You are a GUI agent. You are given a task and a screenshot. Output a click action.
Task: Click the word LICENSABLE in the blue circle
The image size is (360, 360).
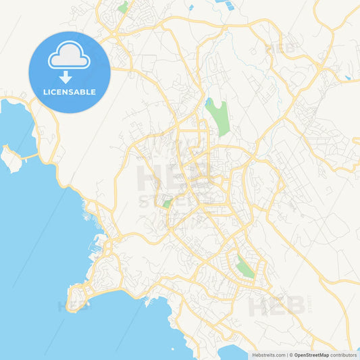click(70, 92)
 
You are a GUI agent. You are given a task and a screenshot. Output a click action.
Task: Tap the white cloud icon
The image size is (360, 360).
click(69, 57)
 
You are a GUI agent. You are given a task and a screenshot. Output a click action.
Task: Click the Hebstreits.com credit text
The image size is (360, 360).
click(268, 355)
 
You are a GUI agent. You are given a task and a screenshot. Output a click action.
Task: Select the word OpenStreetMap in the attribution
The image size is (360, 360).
click(311, 355)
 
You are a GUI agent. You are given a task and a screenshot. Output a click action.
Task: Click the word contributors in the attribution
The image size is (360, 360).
click(344, 355)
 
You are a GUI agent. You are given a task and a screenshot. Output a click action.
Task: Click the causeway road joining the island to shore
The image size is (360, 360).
click(29, 157)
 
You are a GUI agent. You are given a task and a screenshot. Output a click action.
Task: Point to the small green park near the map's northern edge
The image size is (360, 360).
click(123, 7)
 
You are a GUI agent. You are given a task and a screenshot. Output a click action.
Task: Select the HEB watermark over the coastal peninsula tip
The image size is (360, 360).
click(74, 305)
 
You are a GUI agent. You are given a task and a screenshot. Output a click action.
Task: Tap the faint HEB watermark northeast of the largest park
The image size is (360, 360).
click(281, 49)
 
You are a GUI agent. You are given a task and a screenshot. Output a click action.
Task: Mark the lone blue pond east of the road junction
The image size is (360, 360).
click(348, 78)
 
